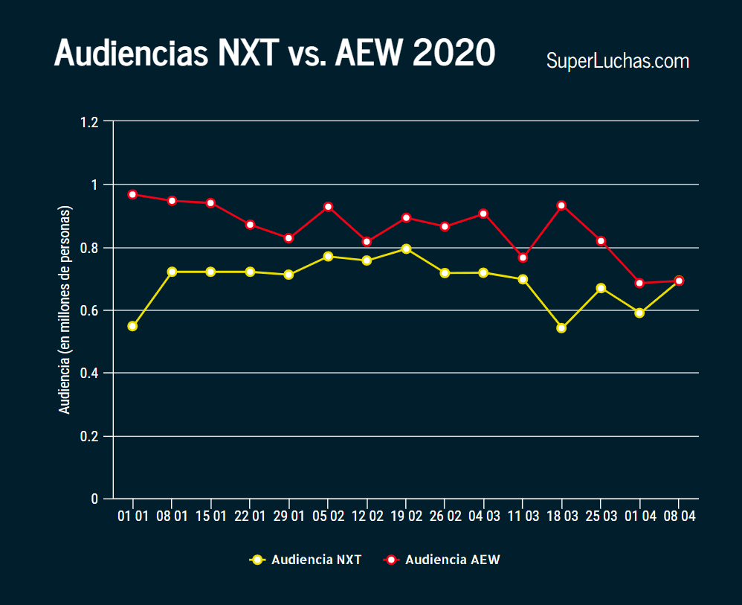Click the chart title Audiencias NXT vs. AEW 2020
274,54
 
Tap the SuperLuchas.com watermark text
617,61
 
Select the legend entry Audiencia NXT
306,560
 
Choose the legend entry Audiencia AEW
442,560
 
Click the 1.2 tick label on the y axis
89,121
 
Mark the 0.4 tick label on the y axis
89,373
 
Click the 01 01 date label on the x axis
132,516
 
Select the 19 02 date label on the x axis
405,516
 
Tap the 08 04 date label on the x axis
678,516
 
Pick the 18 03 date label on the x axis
561,516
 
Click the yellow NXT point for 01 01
132,326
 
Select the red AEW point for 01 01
132,194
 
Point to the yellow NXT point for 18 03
561,327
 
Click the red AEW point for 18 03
561,205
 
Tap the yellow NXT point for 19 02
406,249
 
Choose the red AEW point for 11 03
523,257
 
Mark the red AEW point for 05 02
328,206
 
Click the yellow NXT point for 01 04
639,313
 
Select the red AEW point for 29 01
288,238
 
